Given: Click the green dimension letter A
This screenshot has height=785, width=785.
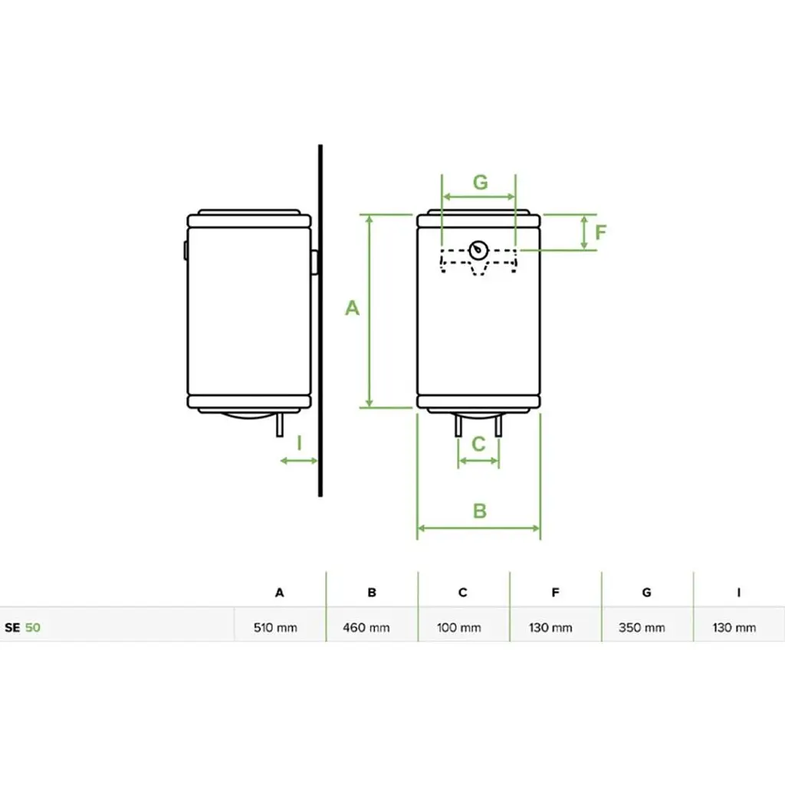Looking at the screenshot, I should point(352,308).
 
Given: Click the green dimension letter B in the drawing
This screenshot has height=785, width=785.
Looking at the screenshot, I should point(479,511).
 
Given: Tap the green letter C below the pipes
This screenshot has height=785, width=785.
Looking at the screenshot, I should point(478,444).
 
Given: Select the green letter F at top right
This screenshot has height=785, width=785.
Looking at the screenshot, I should point(601,232).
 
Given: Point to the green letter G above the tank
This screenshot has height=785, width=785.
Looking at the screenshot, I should point(480,182).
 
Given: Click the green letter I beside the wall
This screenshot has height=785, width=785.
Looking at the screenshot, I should point(299,443).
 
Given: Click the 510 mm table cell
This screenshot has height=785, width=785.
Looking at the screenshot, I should point(276,628).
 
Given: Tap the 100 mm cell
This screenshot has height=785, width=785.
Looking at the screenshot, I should point(459,628).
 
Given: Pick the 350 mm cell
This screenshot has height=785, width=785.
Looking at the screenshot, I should point(642,628).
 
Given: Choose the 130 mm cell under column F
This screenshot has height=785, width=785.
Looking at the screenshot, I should point(550,628).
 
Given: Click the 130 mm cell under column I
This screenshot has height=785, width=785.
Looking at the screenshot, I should point(734,628).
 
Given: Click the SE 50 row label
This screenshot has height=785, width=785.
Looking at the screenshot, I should point(23,628).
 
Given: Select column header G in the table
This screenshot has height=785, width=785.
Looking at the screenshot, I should point(647,593).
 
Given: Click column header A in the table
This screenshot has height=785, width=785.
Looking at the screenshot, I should point(280,593).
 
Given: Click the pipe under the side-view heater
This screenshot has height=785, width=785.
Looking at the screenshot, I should point(281,425).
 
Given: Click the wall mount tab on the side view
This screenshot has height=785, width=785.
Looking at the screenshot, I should point(315,262).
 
